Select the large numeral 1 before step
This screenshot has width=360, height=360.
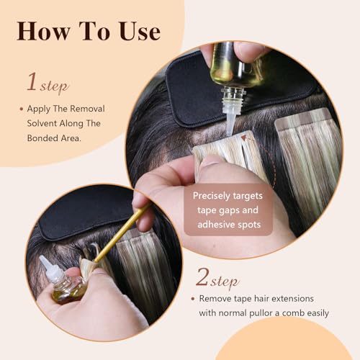point(31,81)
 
